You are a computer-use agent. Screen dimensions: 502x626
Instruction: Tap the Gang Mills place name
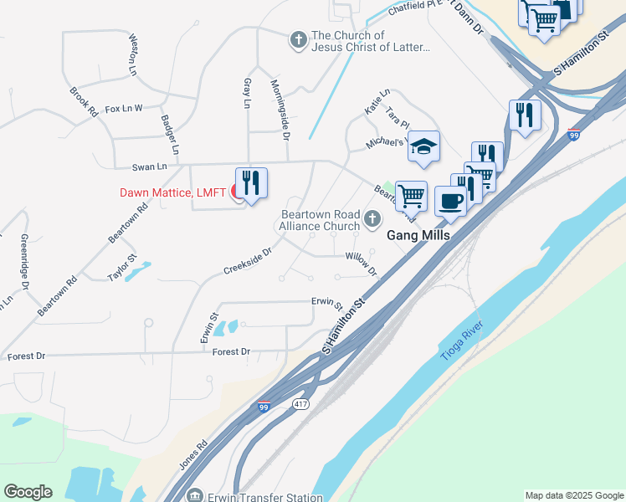tap(418, 236)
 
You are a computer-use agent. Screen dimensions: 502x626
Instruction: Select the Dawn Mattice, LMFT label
tap(172, 192)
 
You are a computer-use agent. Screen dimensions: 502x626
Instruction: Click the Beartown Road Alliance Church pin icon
tap(372, 220)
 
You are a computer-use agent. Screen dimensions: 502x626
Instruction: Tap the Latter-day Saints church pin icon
tap(298, 39)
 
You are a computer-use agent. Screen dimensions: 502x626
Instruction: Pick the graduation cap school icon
tap(423, 146)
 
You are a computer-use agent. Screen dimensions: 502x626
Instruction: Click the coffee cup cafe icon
tap(450, 202)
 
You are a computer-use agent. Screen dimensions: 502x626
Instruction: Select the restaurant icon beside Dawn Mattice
tap(251, 182)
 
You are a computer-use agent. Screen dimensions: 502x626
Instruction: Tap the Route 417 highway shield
tap(300, 404)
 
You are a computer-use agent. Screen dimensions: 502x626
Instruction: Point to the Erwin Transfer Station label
tap(265, 497)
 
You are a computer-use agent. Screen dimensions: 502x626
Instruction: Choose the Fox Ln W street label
tap(124, 108)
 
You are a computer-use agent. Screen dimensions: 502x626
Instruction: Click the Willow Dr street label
tap(362, 264)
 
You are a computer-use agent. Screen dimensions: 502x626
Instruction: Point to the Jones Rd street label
tap(192, 455)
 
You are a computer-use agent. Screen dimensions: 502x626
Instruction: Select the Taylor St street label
tap(121, 267)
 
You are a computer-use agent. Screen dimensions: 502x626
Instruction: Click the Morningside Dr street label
tap(280, 109)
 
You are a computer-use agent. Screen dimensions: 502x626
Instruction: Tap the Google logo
tap(28, 492)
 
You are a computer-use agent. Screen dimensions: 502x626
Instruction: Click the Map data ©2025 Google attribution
tap(573, 495)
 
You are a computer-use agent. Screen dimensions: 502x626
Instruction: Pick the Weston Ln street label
tap(132, 56)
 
